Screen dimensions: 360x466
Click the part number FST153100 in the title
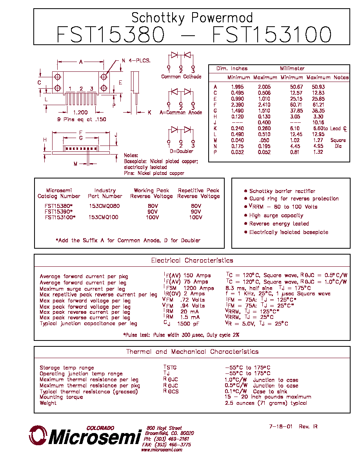point(272,35)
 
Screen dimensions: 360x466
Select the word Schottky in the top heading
point(158,18)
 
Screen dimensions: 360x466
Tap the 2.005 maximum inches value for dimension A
point(264,87)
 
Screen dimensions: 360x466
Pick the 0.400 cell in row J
point(264,122)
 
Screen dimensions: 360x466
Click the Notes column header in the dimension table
point(341,78)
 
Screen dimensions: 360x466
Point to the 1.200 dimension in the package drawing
point(80,112)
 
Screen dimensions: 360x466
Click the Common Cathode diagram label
point(181,76)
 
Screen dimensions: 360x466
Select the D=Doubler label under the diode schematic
point(181,151)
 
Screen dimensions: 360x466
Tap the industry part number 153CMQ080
point(104,206)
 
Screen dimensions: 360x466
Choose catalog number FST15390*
point(58,211)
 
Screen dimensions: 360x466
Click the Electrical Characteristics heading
point(192,260)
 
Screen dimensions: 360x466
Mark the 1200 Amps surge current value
point(198,288)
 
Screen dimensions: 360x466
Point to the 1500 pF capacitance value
point(188,324)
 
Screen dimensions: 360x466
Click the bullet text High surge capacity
point(276,215)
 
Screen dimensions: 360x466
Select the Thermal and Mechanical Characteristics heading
point(192,352)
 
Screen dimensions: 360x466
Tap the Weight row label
point(48,403)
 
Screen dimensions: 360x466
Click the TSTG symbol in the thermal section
point(170,367)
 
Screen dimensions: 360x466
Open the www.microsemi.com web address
point(162,450)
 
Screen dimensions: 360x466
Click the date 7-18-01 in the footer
point(281,426)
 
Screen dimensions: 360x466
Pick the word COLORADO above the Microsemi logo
point(100,428)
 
